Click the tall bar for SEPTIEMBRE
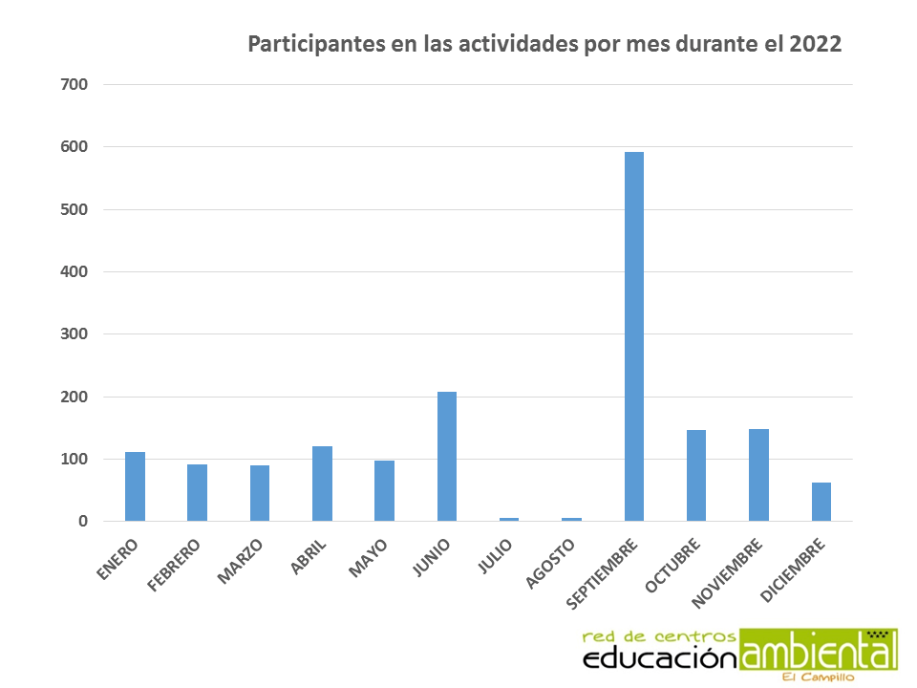point(633,336)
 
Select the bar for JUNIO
point(446,456)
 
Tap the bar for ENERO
point(135,486)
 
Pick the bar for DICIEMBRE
point(821,502)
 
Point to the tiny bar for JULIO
point(509,519)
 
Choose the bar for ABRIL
point(322,484)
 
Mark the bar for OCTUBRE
point(695,475)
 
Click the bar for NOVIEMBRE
point(758,475)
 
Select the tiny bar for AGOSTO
point(571,519)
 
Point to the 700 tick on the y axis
point(74,84)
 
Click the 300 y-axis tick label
point(74,334)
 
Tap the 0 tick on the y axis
point(83,522)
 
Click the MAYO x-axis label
point(367,558)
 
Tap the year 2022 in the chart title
point(815,45)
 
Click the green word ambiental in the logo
point(819,651)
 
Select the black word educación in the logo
point(661,657)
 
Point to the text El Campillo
point(818,677)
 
